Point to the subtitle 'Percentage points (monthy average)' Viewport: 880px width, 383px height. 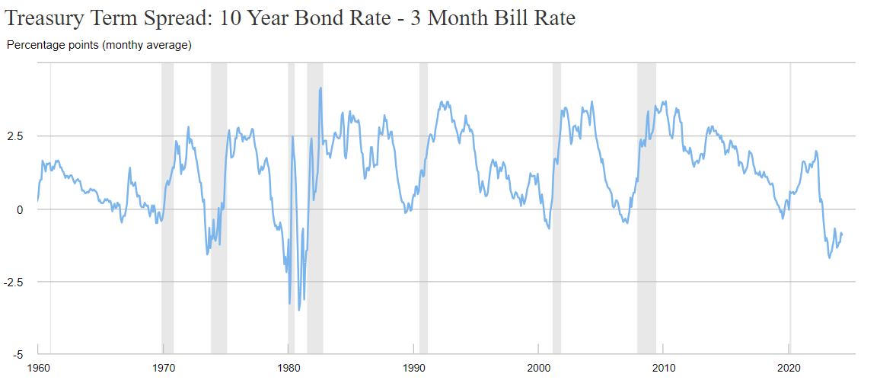[x=99, y=45]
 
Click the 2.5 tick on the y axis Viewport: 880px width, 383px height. [x=15, y=136]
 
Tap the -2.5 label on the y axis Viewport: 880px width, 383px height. [x=14, y=282]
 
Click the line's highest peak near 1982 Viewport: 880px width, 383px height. [x=320, y=88]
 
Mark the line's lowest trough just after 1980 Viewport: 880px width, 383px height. [x=299, y=309]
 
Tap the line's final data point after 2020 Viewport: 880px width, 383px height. [x=842, y=234]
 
